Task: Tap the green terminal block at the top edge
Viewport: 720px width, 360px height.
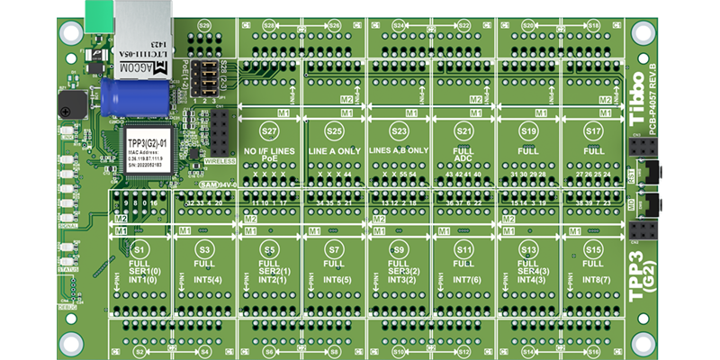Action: pyautogui.click(x=98, y=12)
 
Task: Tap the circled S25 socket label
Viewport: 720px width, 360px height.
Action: pyautogui.click(x=334, y=130)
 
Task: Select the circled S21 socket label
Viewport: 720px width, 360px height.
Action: pyautogui.click(x=463, y=130)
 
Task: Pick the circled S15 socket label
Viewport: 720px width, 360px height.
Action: pyautogui.click(x=593, y=247)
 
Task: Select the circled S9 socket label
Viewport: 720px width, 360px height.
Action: pyautogui.click(x=399, y=247)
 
